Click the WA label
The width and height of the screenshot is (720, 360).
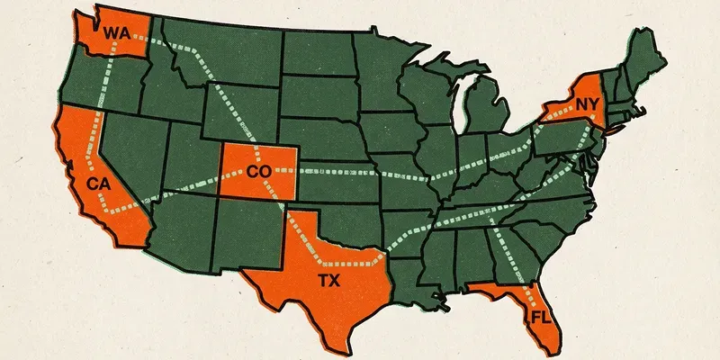[x=117, y=33]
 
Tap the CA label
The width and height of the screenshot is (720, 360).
[x=98, y=184]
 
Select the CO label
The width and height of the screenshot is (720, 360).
[x=258, y=170]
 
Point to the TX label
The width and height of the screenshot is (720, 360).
[x=328, y=280]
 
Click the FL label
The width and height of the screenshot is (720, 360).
[x=539, y=318]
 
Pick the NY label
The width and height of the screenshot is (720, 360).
[x=587, y=105]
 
